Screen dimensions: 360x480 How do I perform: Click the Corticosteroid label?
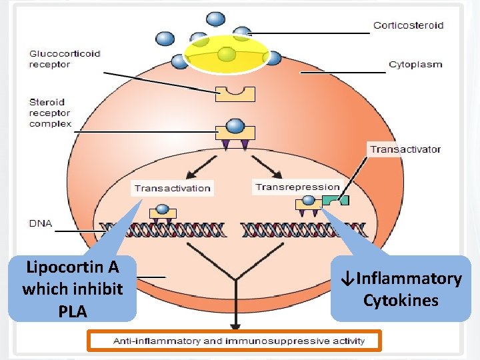click(408, 25)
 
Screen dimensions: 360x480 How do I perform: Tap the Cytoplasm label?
click(415, 65)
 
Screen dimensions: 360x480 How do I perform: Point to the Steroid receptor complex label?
click(50, 113)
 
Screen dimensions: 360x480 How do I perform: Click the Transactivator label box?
click(405, 149)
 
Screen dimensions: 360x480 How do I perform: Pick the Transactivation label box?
click(172, 188)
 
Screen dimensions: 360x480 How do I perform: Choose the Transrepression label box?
click(297, 187)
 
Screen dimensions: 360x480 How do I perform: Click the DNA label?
click(41, 223)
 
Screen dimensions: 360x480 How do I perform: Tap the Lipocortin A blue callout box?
click(72, 288)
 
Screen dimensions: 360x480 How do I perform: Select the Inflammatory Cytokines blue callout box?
click(400, 289)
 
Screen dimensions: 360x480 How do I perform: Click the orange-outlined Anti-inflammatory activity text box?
click(235, 341)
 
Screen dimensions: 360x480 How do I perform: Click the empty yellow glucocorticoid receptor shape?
click(235, 93)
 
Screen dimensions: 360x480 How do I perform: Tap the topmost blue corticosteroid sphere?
click(216, 19)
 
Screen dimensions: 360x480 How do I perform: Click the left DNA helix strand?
click(163, 229)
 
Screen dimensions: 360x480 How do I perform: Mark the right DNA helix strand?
click(304, 229)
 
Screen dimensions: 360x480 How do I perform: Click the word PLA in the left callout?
click(72, 311)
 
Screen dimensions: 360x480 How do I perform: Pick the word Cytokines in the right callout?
click(400, 300)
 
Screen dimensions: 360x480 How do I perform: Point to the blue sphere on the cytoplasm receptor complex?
click(235, 126)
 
